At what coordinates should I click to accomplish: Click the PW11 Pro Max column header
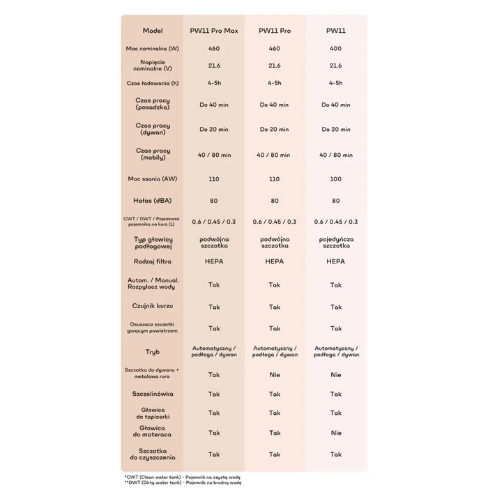tap(214, 31)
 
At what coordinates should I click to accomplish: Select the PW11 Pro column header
tap(274, 31)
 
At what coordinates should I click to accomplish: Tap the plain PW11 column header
tap(336, 31)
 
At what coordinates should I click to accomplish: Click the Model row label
tap(153, 31)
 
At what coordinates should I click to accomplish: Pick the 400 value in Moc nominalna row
tap(336, 49)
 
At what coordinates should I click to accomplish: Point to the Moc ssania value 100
tap(336, 179)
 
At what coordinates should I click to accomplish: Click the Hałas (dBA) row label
tap(153, 200)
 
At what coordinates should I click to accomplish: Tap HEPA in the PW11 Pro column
tap(274, 261)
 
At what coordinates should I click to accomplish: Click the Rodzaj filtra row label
tap(153, 261)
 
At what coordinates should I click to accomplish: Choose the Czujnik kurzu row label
tap(153, 307)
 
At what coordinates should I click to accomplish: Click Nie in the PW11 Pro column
tap(274, 374)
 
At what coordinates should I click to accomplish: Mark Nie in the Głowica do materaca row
tap(336, 433)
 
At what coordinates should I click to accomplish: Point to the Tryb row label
tap(153, 352)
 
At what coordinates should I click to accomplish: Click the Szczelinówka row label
tap(153, 394)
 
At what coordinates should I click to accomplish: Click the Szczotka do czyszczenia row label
tap(153, 454)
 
